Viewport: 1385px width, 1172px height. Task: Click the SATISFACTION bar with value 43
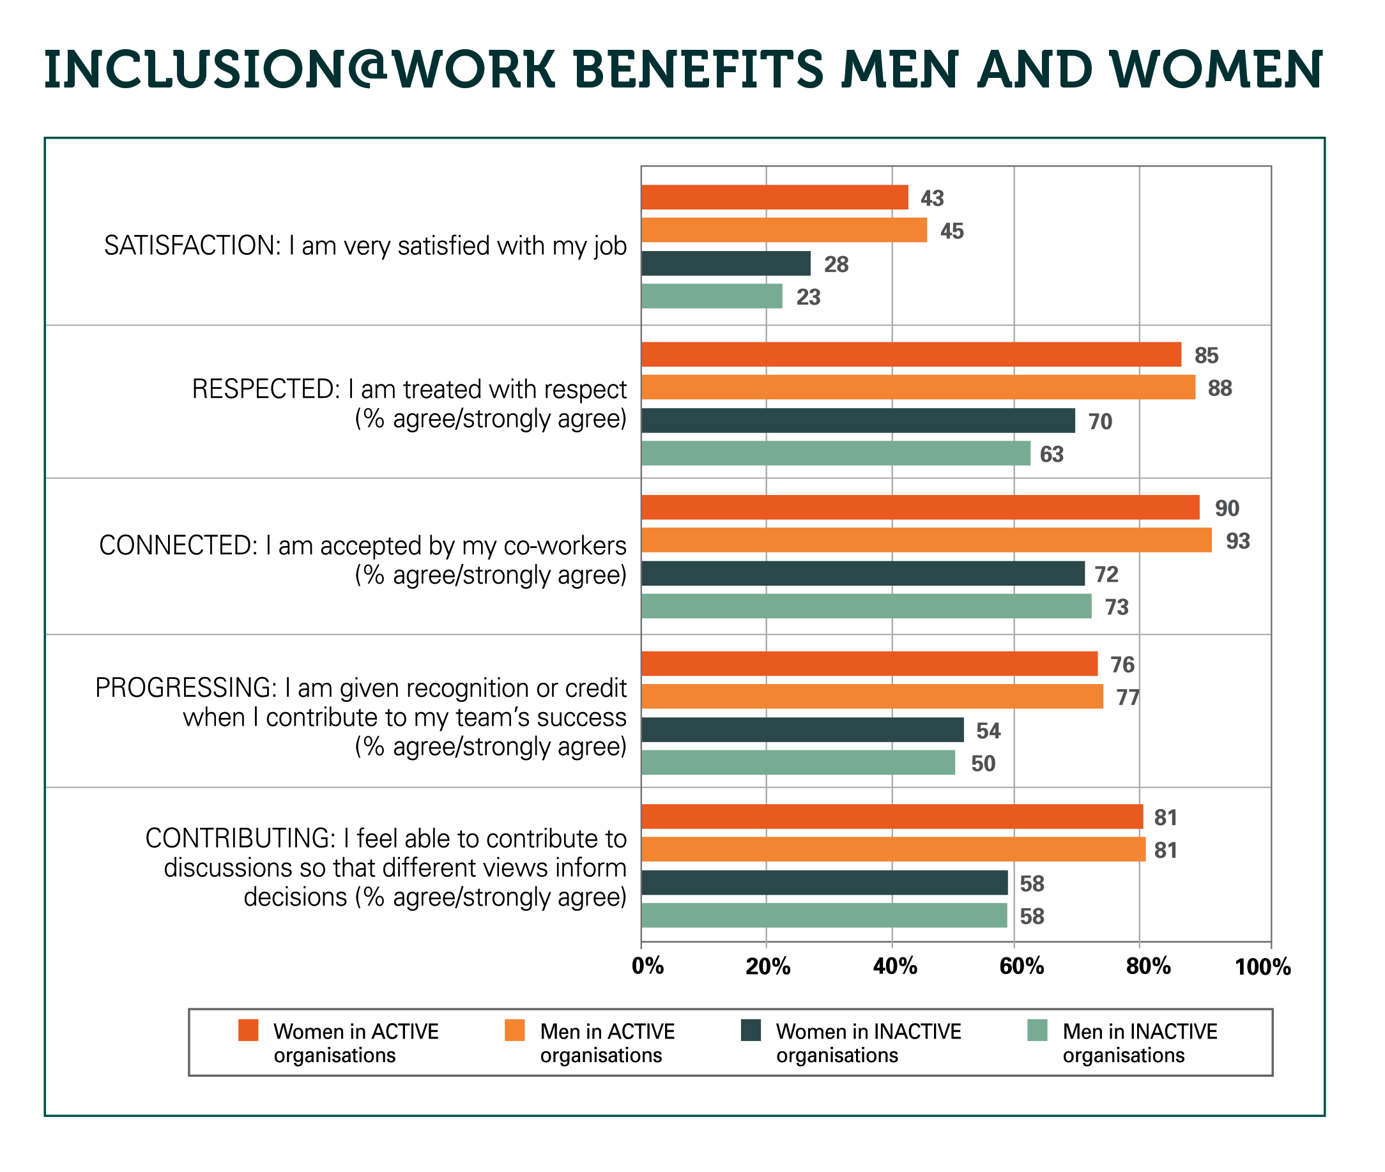[774, 197]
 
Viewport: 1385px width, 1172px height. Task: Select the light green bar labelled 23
[712, 296]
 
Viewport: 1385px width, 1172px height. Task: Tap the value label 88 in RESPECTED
[1220, 388]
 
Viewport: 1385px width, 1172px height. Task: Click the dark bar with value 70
[857, 420]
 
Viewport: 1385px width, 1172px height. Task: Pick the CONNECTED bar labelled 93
[926, 540]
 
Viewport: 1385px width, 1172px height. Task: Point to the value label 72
[1106, 574]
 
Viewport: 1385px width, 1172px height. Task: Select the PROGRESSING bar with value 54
[802, 729]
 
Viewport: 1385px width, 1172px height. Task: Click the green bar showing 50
[797, 763]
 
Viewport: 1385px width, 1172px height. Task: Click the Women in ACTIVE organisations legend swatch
[248, 1031]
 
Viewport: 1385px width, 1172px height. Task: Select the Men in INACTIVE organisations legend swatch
[1037, 1031]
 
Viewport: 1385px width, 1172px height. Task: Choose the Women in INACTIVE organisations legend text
[868, 1043]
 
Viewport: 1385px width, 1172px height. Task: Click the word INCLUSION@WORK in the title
[299, 70]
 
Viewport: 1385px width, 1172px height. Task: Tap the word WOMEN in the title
[1216, 70]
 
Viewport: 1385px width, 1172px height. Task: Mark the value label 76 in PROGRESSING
[1122, 664]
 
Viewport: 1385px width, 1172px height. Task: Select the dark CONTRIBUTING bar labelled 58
[824, 883]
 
